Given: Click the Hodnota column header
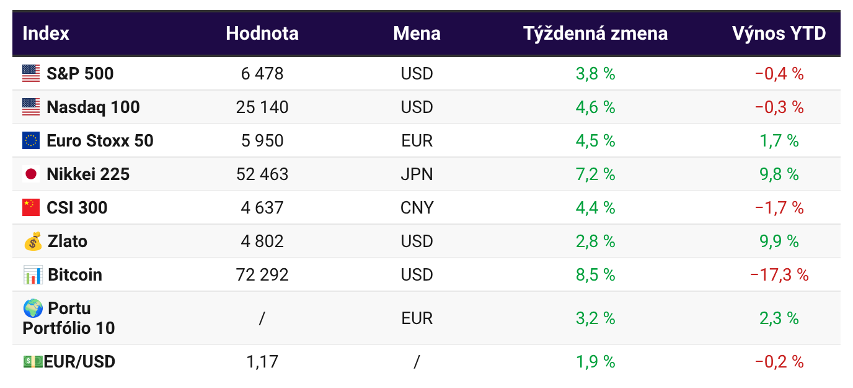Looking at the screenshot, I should [262, 33].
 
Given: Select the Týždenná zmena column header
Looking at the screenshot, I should [595, 33].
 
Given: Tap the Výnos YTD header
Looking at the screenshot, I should [779, 33].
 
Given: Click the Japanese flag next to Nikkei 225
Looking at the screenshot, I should [31, 174].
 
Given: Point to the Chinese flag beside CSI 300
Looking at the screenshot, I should [31, 207].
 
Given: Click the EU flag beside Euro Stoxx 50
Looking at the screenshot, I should [31, 141].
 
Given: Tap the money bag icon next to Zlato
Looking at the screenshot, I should [33, 241].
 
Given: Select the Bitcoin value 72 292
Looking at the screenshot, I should [262, 274].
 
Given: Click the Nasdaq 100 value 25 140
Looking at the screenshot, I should [262, 107].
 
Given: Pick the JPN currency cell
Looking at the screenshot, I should [417, 174].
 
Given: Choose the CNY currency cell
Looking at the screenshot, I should [417, 207].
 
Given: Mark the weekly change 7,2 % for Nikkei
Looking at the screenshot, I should [595, 174].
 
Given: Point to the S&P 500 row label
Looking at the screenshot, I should [80, 74].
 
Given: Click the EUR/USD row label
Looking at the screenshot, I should [79, 361].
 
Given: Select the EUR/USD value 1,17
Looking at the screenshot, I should [262, 361].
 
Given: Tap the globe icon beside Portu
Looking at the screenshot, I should [33, 308].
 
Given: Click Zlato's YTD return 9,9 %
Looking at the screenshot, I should [779, 241].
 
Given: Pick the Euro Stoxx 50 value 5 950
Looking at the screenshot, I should [262, 141].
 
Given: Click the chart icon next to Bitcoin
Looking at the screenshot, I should [33, 274].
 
